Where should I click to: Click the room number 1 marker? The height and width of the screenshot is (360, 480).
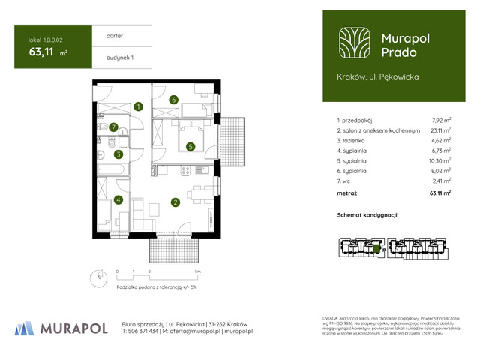[x=139, y=107]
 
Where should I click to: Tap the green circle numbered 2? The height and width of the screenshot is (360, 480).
[x=174, y=202]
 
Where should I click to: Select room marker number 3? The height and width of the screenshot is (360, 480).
[x=118, y=154]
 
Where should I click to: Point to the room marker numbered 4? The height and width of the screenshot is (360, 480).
[x=118, y=200]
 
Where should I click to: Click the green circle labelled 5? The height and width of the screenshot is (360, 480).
[x=191, y=147]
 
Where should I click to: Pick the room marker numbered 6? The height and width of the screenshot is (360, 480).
[x=173, y=100]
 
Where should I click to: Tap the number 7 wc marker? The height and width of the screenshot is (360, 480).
[x=113, y=127]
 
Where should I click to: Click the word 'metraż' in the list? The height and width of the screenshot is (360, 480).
[x=347, y=193]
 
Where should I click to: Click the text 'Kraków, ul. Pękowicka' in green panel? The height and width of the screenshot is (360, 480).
[x=378, y=76]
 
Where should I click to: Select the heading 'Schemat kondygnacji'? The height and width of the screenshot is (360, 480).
[x=367, y=215]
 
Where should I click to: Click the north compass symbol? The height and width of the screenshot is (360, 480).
[x=91, y=276]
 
